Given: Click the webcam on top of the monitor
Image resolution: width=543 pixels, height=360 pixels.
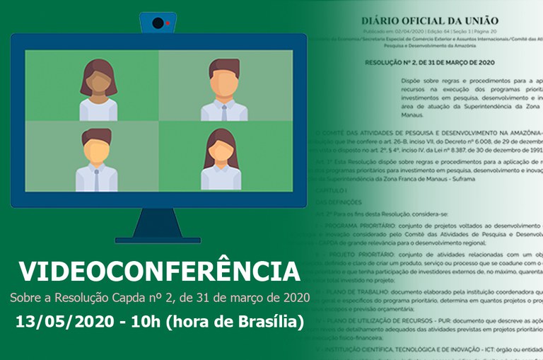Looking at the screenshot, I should [x=158, y=23].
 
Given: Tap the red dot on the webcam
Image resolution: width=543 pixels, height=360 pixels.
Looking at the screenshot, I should [x=168, y=23].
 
